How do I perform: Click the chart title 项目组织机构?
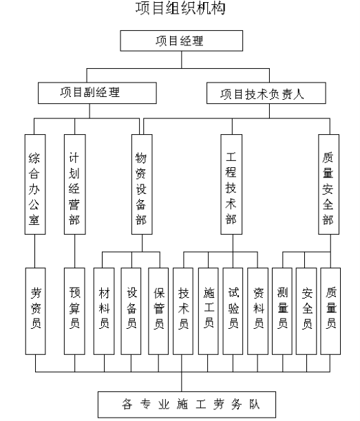pos(180,8)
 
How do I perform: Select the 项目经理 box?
pos(181,41)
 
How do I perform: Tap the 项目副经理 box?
pos(97,93)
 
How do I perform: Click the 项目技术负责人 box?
pos(266,93)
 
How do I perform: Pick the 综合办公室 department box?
pos(35,184)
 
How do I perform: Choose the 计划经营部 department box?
pos(75,184)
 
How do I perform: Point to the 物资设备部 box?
pos(142,184)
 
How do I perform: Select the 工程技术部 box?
pos(231,184)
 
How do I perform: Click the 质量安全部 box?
pos(328,184)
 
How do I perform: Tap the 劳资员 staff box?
pos(36,311)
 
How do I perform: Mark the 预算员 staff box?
pos(74,311)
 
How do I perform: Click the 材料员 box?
pos(104,311)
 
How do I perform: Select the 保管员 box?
pos(158,311)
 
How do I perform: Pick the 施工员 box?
pos(208,311)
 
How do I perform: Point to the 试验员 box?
pos(233,311)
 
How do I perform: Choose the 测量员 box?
pos(282,311)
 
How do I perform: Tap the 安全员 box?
pos(306,311)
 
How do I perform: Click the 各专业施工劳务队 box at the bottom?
pos(187,404)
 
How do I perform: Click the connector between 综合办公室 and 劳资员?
pos(35,251)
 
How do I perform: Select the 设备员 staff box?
pos(131,311)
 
